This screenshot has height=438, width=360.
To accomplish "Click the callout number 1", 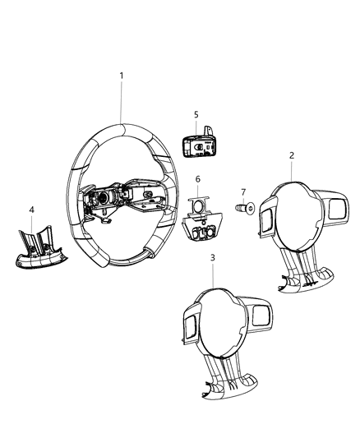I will [x=122, y=76].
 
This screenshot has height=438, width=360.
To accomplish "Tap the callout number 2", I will [x=292, y=154].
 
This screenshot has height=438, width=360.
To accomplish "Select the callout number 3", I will [x=213, y=257].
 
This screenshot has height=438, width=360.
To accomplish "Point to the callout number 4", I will [x=31, y=210].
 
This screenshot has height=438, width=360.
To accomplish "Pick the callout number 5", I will [x=196, y=114].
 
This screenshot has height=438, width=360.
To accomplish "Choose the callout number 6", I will [x=197, y=179].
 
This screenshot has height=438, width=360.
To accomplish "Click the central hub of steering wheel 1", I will [x=123, y=201].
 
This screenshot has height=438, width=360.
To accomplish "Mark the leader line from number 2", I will [x=292, y=170].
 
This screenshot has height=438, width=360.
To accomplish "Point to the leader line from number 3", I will [x=213, y=273].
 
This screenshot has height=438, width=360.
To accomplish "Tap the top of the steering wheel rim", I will [x=123, y=126].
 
